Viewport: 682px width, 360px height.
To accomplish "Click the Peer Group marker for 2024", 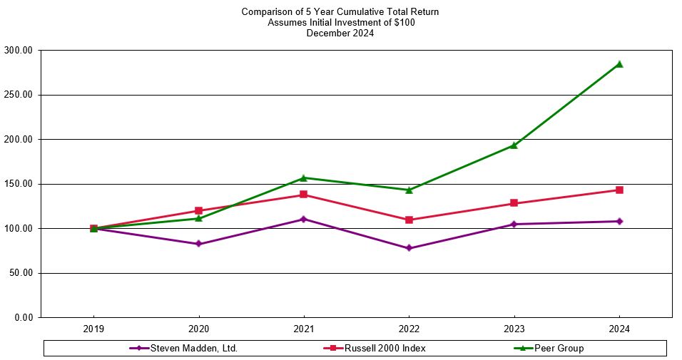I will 619,64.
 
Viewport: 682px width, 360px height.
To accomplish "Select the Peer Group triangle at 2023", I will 514,145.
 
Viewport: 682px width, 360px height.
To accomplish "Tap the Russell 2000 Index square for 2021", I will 303,195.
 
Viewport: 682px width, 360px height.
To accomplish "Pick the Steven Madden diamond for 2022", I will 409,248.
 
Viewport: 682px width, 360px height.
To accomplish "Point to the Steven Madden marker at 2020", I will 198,244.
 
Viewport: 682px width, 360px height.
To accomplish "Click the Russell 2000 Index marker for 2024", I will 619,190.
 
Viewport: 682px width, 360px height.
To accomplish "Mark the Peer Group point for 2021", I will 303,178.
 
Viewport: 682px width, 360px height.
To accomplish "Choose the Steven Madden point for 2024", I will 619,221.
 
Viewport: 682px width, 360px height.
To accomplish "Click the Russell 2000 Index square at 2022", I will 409,220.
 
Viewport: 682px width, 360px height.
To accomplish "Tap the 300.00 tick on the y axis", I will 21,51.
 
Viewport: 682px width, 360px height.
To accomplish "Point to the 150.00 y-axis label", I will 21,184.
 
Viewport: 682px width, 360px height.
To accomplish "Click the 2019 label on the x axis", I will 93,330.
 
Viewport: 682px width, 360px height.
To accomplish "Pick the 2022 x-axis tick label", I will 409,330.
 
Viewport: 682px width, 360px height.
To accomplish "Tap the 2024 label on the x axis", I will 619,330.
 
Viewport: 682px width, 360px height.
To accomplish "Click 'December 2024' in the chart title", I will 340,33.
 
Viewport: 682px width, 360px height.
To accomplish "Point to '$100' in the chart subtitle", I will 402,22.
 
